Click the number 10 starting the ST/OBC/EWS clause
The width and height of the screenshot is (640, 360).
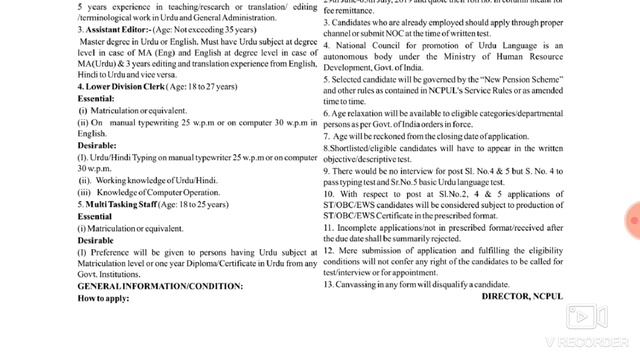pos(330,217)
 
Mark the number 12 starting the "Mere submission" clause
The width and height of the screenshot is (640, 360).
pos(329,261)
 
